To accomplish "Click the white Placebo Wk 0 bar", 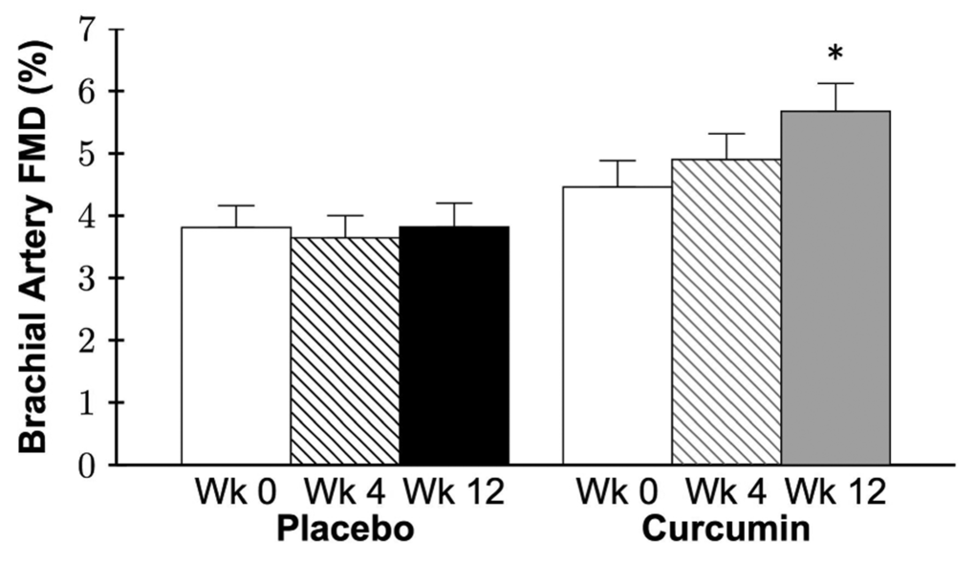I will coord(236,346).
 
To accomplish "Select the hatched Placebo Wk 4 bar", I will coord(345,351).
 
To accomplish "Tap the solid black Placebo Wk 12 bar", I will coord(454,346).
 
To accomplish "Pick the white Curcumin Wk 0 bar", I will coord(617,326).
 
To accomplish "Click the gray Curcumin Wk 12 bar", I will coord(835,288).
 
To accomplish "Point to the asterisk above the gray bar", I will coord(835,54).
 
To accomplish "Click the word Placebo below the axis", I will coord(345,529).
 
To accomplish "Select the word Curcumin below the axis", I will coord(726,529).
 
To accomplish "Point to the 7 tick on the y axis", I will coord(89,30).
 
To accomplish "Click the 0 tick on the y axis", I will coord(89,466).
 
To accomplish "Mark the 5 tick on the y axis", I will coord(89,154).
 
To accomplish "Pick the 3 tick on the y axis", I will coord(89,278).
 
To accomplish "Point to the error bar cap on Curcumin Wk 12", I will coord(835,84).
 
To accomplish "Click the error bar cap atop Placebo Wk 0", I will coord(236,206).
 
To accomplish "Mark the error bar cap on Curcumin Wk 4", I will coord(726,134).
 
